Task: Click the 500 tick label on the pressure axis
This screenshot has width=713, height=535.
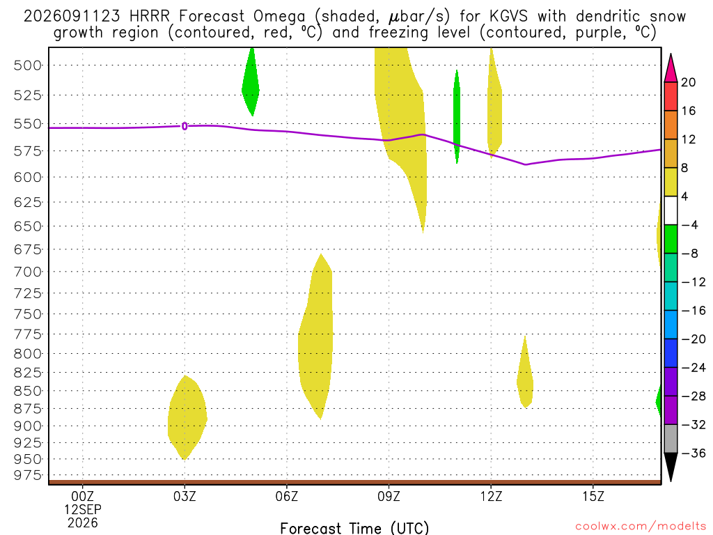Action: pyautogui.click(x=28, y=65)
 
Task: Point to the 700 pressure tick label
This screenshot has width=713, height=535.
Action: pyautogui.click(x=28, y=272)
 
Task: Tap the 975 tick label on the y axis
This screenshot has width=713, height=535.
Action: pyautogui.click(x=28, y=475)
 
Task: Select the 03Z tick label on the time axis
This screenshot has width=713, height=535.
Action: pyautogui.click(x=185, y=496)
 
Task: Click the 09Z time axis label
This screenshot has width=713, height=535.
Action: pyautogui.click(x=389, y=496)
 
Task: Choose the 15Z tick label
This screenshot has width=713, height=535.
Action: pyautogui.click(x=593, y=496)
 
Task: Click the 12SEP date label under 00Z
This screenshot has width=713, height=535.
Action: pyautogui.click(x=83, y=509)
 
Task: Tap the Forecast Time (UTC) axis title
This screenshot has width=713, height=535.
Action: pyautogui.click(x=354, y=528)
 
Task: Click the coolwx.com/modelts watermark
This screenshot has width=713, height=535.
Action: pyautogui.click(x=641, y=527)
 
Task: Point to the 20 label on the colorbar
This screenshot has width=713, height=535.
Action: pyautogui.click(x=688, y=82)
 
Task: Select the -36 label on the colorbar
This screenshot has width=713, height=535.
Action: pyautogui.click(x=693, y=453)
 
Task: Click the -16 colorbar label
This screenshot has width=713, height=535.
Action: pyautogui.click(x=693, y=311)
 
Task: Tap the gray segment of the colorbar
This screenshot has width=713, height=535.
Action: pyautogui.click(x=671, y=439)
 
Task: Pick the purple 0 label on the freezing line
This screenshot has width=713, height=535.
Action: pyautogui.click(x=184, y=127)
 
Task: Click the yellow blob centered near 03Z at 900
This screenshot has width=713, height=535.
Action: pyautogui.click(x=187, y=418)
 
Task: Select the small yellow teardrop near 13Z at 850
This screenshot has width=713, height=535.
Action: pyautogui.click(x=525, y=372)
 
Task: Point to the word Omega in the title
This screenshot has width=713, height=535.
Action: pyautogui.click(x=279, y=17)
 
